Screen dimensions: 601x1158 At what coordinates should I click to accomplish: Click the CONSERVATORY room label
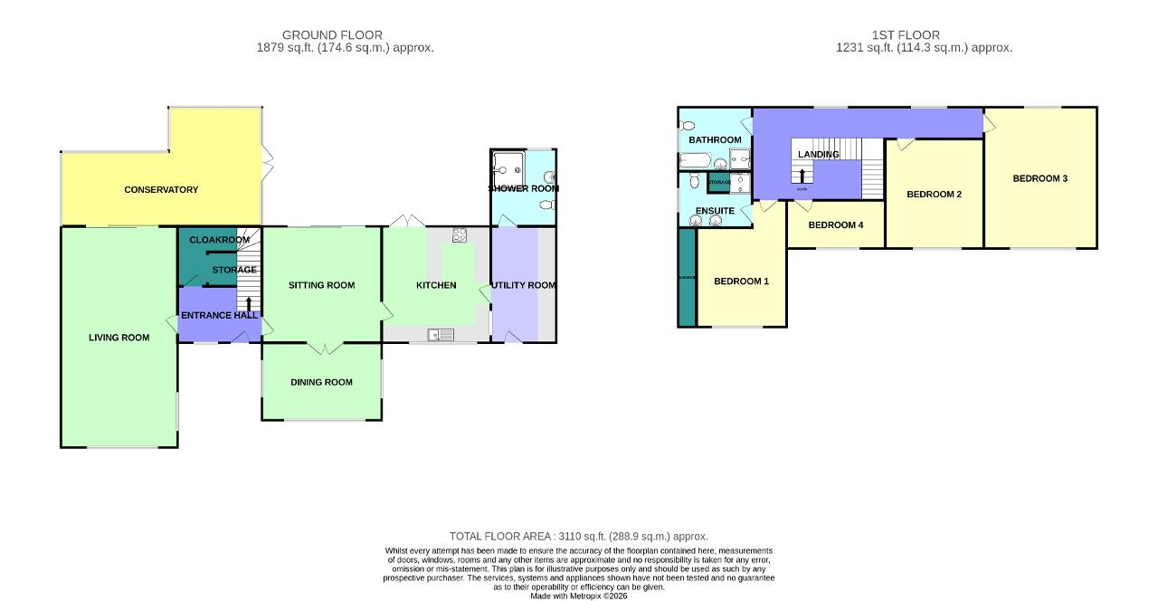(x=161, y=190)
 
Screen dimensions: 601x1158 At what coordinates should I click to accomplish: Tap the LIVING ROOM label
(x=119, y=338)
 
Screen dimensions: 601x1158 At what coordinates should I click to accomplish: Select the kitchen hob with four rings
(x=459, y=235)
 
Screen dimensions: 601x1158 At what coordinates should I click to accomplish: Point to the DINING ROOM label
(x=321, y=382)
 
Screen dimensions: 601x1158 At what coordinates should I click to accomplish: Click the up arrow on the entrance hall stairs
(x=249, y=302)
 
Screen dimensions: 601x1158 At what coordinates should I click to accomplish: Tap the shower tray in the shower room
(x=508, y=165)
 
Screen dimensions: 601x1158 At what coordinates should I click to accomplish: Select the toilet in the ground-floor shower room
(x=546, y=205)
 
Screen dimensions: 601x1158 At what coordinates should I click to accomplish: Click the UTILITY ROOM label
(x=523, y=285)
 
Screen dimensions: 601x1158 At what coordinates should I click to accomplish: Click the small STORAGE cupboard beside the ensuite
(x=719, y=183)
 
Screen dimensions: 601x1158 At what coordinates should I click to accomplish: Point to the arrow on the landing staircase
(x=802, y=175)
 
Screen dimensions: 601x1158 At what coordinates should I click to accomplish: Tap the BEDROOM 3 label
(x=1039, y=178)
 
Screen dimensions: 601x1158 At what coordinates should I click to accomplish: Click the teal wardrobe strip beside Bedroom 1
(x=687, y=277)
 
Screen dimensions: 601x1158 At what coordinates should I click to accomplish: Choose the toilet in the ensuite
(x=693, y=181)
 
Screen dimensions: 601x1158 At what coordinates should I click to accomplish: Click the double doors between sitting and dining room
(x=321, y=348)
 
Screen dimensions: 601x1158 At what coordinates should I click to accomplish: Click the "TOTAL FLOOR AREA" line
(x=578, y=537)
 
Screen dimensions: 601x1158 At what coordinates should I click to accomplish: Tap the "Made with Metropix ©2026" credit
(x=578, y=596)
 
